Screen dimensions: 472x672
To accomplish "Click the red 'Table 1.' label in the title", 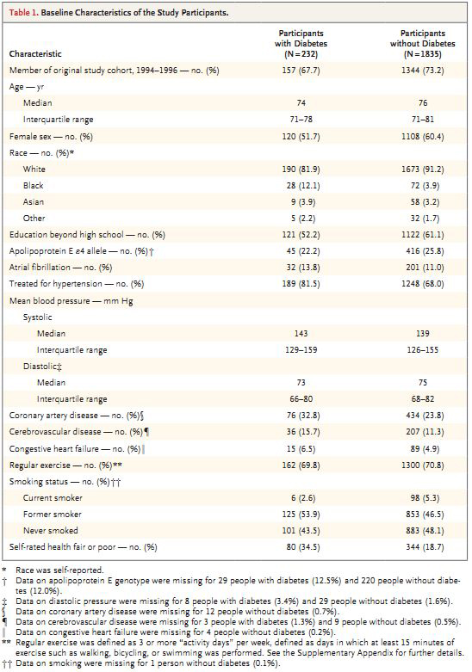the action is pyautogui.click(x=23, y=12).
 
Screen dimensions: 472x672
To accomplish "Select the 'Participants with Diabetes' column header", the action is pyautogui.click(x=301, y=44).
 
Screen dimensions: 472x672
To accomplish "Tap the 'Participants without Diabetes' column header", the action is pyautogui.click(x=423, y=44).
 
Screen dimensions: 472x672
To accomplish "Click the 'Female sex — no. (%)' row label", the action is pyautogui.click(x=51, y=137).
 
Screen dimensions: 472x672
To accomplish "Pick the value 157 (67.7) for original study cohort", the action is pyautogui.click(x=301, y=71).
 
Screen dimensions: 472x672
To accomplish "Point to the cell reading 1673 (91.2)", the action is pyautogui.click(x=423, y=170).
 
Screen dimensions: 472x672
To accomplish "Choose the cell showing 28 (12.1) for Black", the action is pyautogui.click(x=303, y=186).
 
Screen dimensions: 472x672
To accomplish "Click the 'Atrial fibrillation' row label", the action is pyautogui.click(x=40, y=268).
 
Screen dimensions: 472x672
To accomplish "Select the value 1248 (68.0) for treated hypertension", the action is pyautogui.click(x=423, y=284).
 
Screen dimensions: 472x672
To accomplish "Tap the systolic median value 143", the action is pyautogui.click(x=301, y=334).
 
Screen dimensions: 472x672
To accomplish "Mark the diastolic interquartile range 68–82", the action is pyautogui.click(x=423, y=399).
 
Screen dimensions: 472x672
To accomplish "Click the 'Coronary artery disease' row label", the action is pyautogui.click(x=53, y=416).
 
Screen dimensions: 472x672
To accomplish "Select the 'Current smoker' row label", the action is pyautogui.click(x=53, y=498).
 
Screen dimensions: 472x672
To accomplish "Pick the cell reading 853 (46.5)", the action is pyautogui.click(x=423, y=515).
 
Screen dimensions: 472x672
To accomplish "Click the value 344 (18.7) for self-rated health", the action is pyautogui.click(x=423, y=547).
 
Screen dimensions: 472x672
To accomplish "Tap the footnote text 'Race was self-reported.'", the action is pyautogui.click(x=59, y=570).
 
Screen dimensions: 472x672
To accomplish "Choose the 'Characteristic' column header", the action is pyautogui.click(x=35, y=54).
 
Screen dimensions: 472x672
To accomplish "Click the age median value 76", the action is pyautogui.click(x=423, y=103).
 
